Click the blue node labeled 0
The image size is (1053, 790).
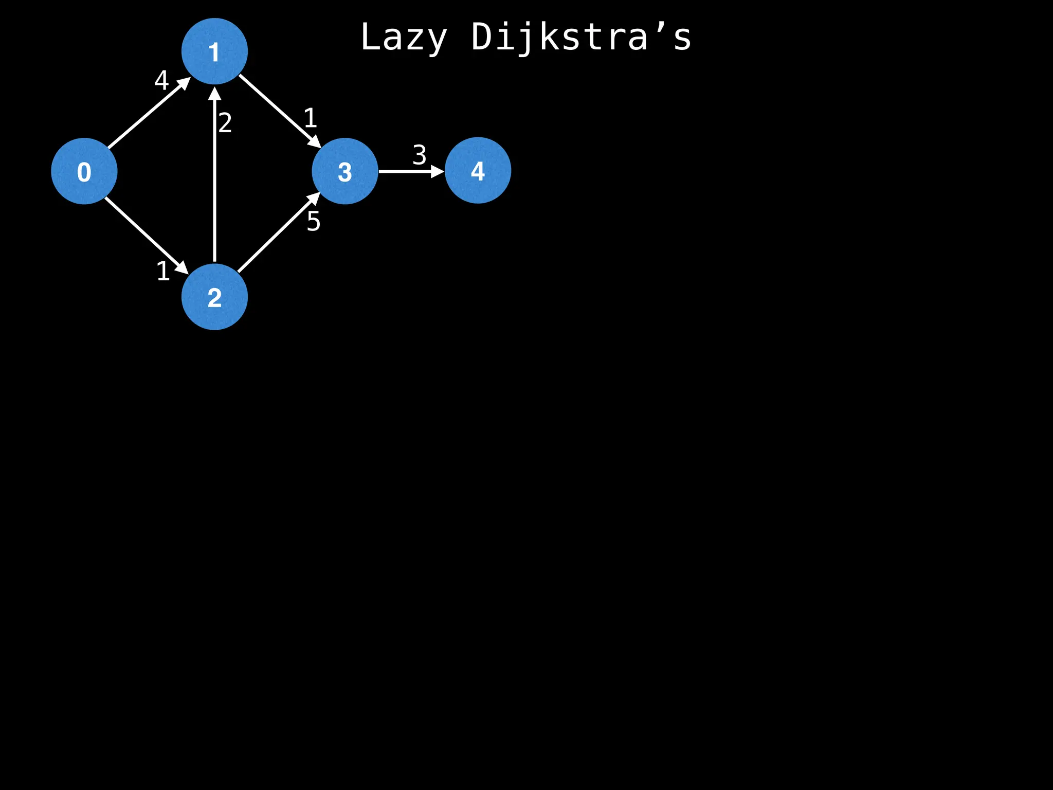(84, 171)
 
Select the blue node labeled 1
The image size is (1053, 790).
(214, 51)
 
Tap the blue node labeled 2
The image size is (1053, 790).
(214, 297)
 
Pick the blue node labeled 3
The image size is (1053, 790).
(345, 171)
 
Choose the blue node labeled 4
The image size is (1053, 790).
(478, 171)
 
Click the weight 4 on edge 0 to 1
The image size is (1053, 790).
(161, 80)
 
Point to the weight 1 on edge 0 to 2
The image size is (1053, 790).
(163, 271)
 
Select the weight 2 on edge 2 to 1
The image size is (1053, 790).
(225, 123)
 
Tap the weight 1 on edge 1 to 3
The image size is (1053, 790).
(310, 118)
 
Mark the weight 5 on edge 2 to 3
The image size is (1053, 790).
(314, 222)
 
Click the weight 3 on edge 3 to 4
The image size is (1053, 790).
(420, 155)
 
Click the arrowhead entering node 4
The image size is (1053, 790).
(438, 171)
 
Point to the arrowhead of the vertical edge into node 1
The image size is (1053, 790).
(214, 94)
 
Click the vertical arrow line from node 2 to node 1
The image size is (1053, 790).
(214, 180)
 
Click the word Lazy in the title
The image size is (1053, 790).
(404, 38)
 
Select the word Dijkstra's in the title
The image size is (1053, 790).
(581, 38)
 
